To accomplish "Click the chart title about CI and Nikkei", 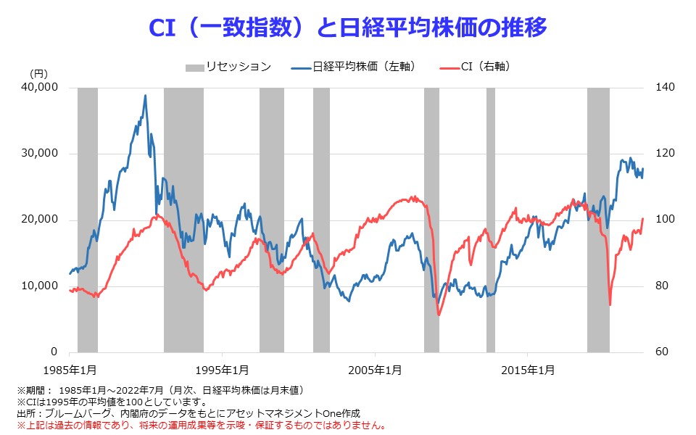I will pos(347,28).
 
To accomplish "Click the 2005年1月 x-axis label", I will pos(375,370).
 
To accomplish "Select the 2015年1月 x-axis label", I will pos(528,370).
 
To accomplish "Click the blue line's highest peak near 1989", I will pos(145,96).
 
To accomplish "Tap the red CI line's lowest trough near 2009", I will pos(439,315).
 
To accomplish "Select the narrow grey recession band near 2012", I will pos(491,220).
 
